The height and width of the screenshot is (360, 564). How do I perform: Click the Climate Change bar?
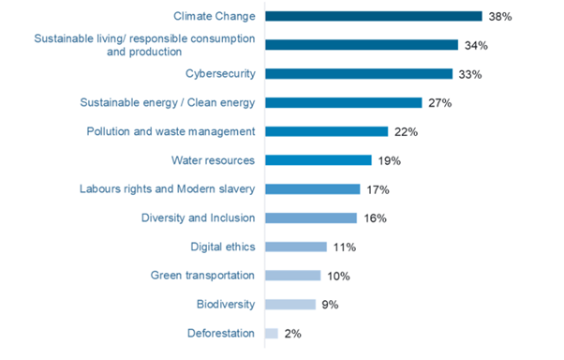(x=373, y=16)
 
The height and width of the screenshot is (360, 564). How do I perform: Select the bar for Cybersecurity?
(x=359, y=74)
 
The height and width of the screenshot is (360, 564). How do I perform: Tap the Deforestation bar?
(x=271, y=333)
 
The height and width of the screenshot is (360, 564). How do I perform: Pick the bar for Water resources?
(x=319, y=160)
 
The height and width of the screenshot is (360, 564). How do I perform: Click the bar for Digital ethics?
(x=295, y=247)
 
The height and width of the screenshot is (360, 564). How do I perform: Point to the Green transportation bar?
(x=292, y=276)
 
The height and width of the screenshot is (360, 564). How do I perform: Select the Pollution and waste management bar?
(x=326, y=131)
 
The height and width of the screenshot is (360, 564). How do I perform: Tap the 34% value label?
(x=475, y=45)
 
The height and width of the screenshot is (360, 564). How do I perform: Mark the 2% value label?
(x=292, y=333)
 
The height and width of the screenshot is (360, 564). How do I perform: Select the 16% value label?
(x=374, y=218)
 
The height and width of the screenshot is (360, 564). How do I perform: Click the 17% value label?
(x=377, y=189)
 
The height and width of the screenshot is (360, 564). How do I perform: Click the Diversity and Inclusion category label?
(x=198, y=218)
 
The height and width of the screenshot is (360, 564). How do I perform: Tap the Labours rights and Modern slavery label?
(x=168, y=189)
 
